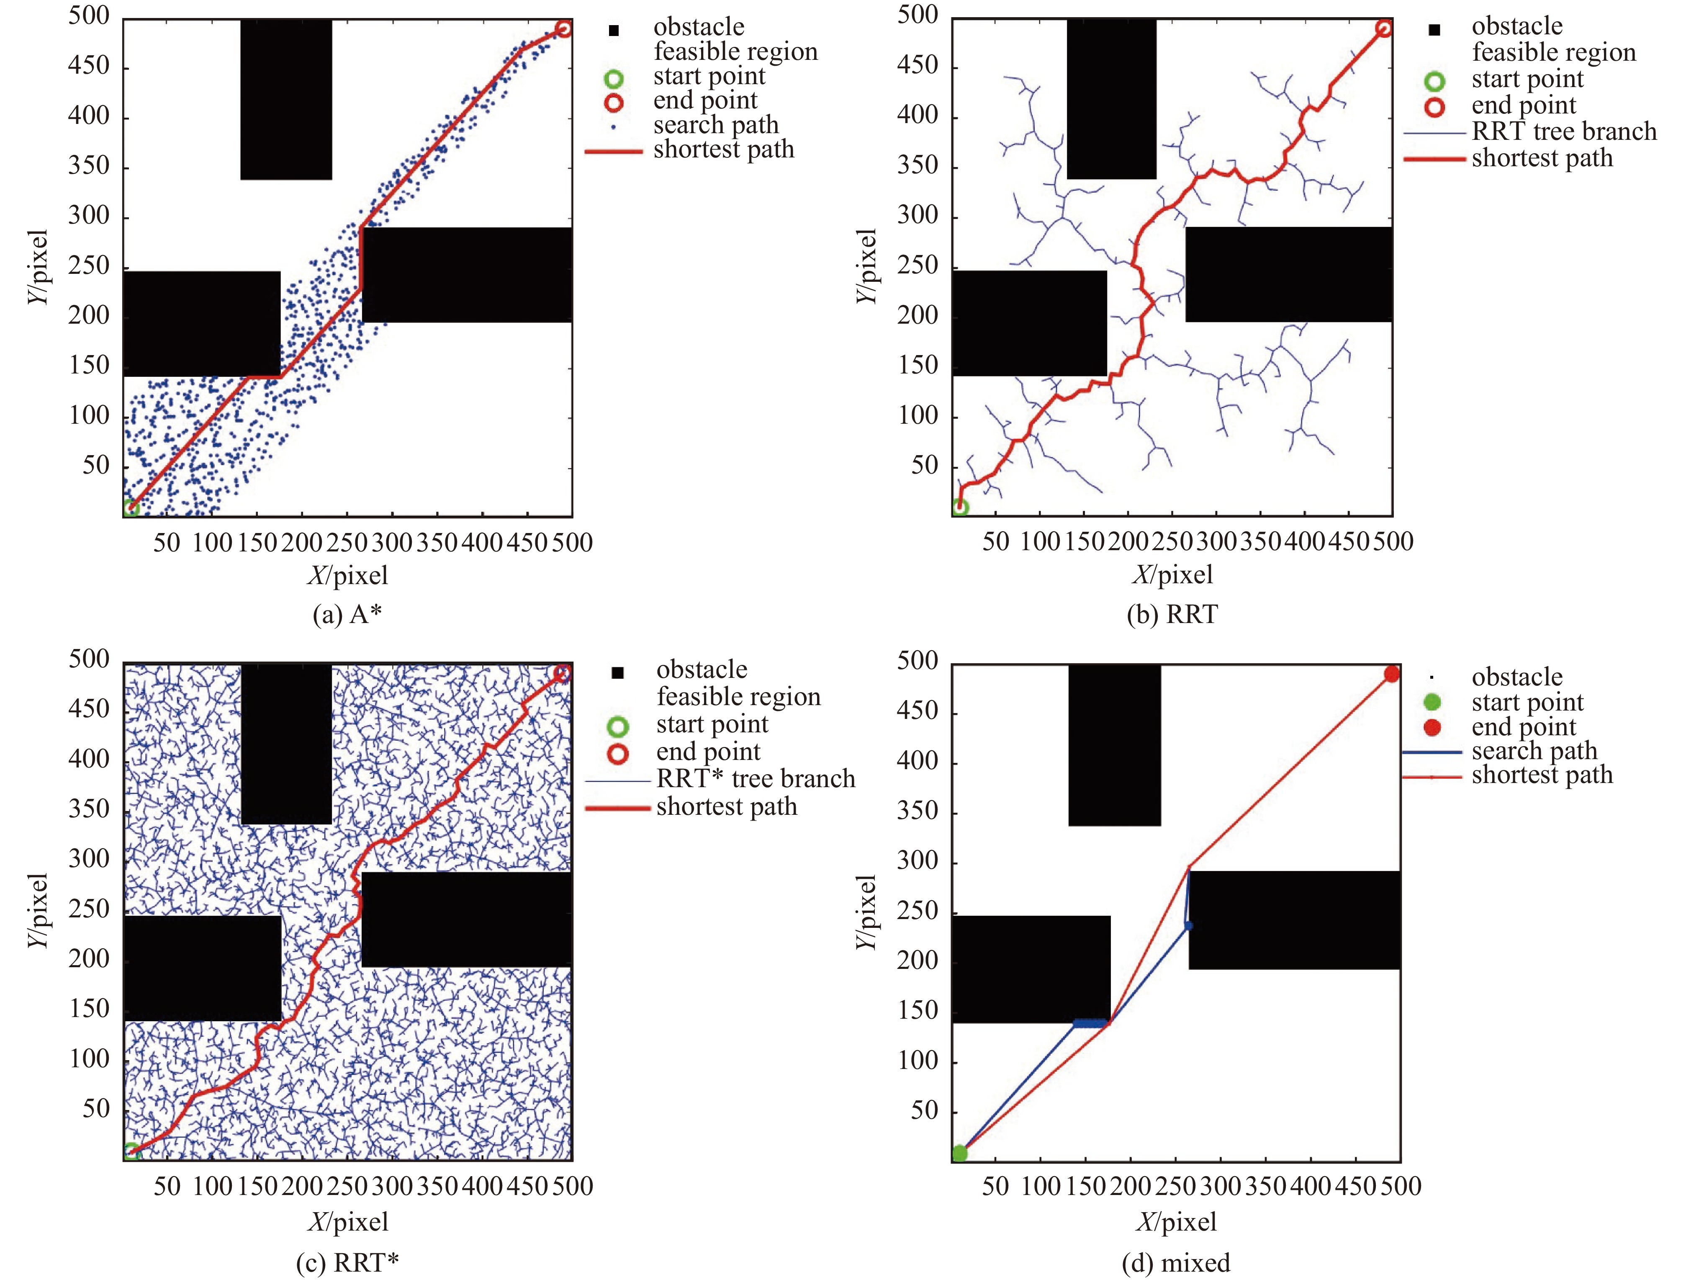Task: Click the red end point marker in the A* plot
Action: [563, 29]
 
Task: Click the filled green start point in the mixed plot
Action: [960, 1153]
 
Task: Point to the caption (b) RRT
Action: [1172, 614]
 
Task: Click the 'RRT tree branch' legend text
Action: [1564, 131]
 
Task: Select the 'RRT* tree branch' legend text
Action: [756, 779]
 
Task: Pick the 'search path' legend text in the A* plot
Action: [715, 124]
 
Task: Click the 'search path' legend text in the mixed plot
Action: [1534, 750]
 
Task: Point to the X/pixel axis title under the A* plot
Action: [347, 575]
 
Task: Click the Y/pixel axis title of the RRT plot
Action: [867, 267]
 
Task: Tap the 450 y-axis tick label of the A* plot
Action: [89, 66]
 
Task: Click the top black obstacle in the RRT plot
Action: [1111, 99]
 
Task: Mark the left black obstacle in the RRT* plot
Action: [202, 968]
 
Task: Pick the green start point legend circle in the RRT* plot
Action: [618, 726]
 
